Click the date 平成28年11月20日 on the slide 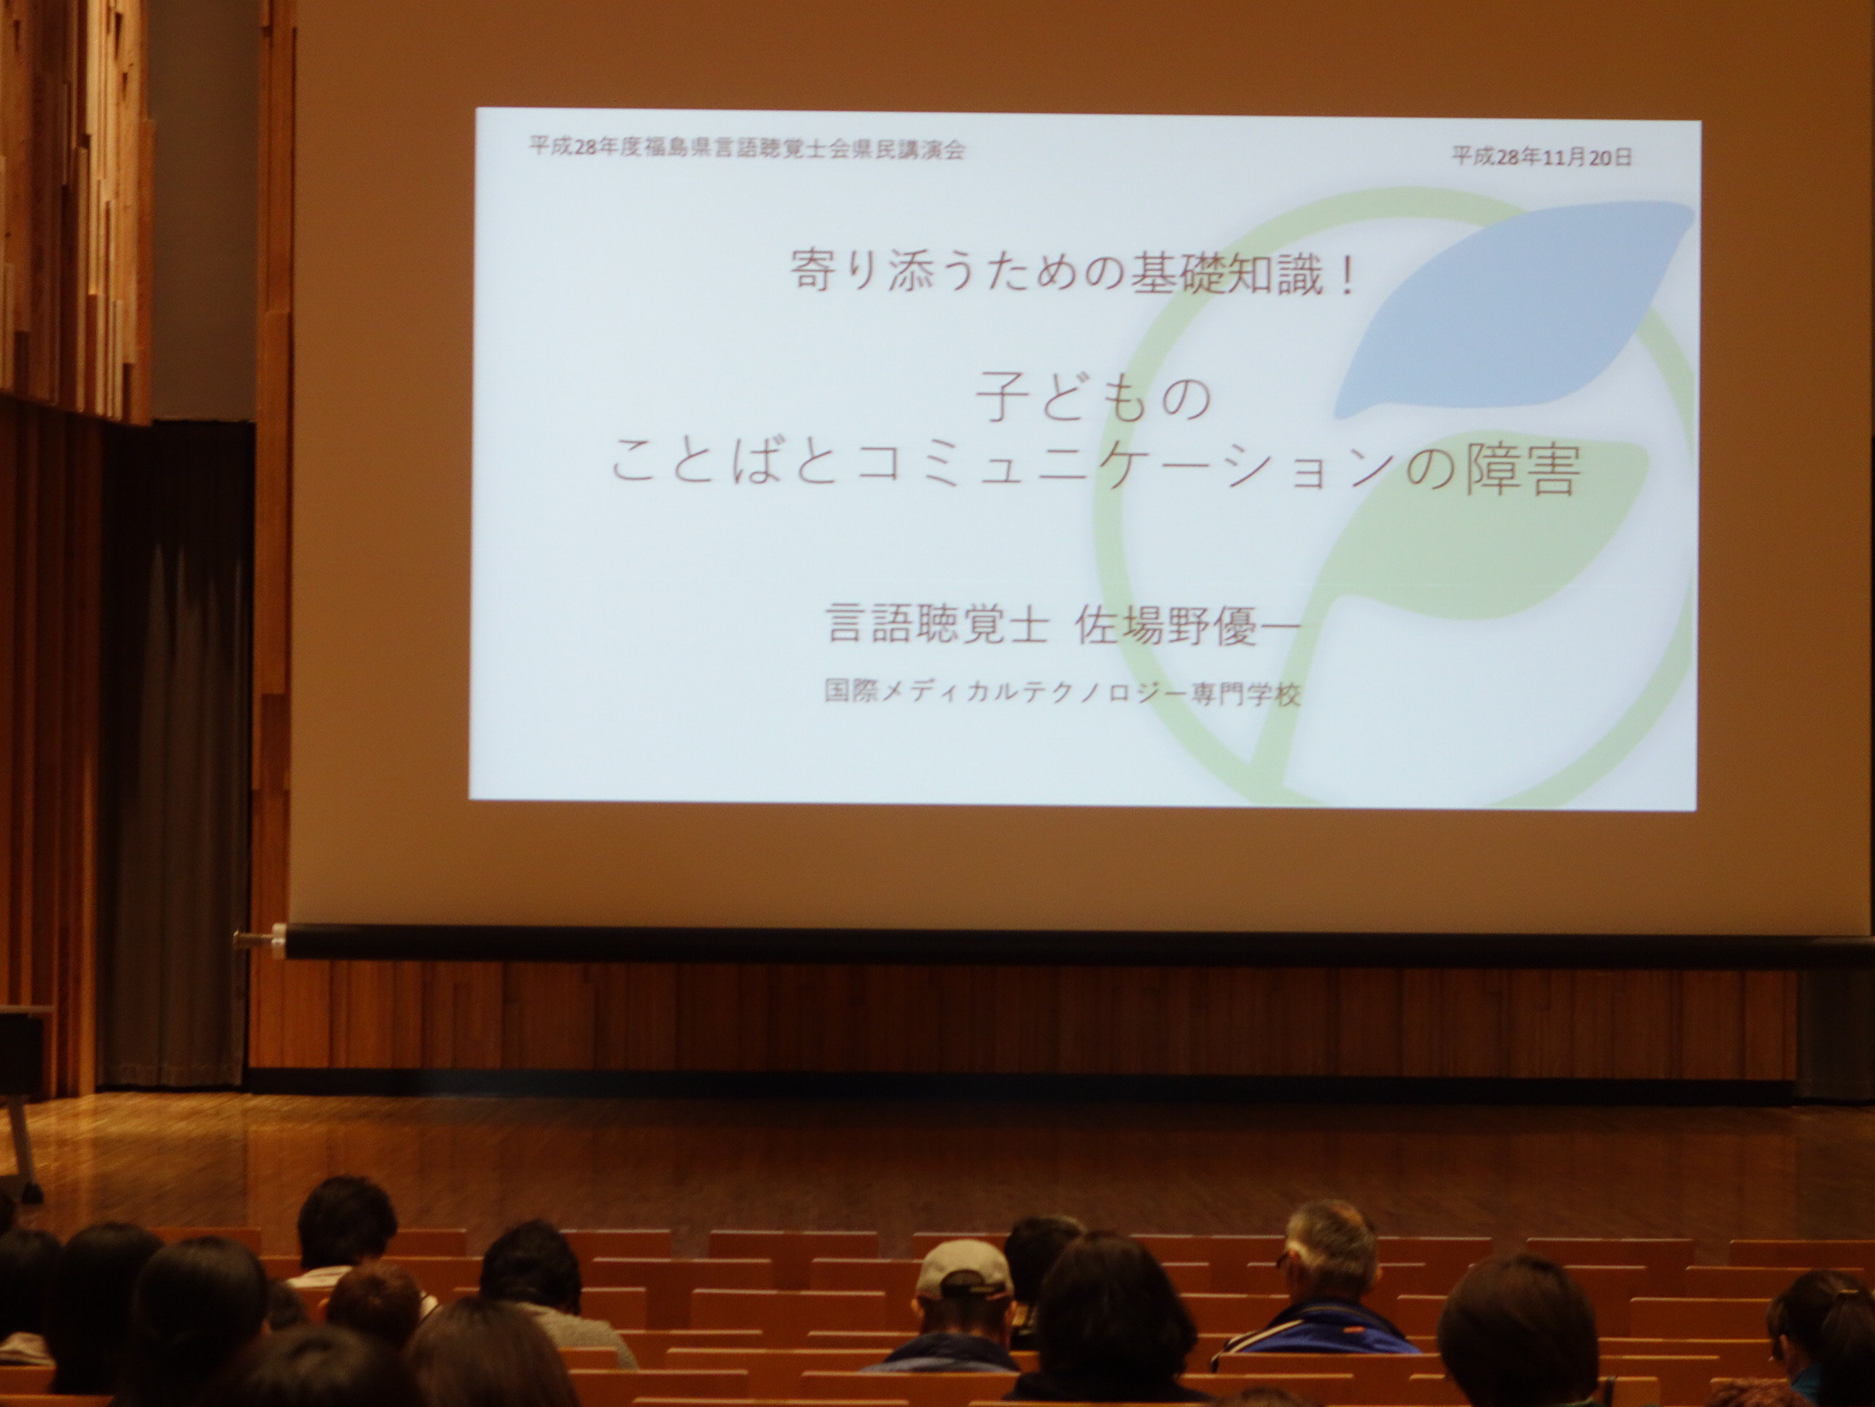(x=1542, y=157)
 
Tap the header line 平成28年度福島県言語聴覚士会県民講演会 (x=748, y=148)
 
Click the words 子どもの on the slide (x=1094, y=400)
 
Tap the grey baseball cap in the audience (x=964, y=1269)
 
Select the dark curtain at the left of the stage (x=177, y=755)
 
